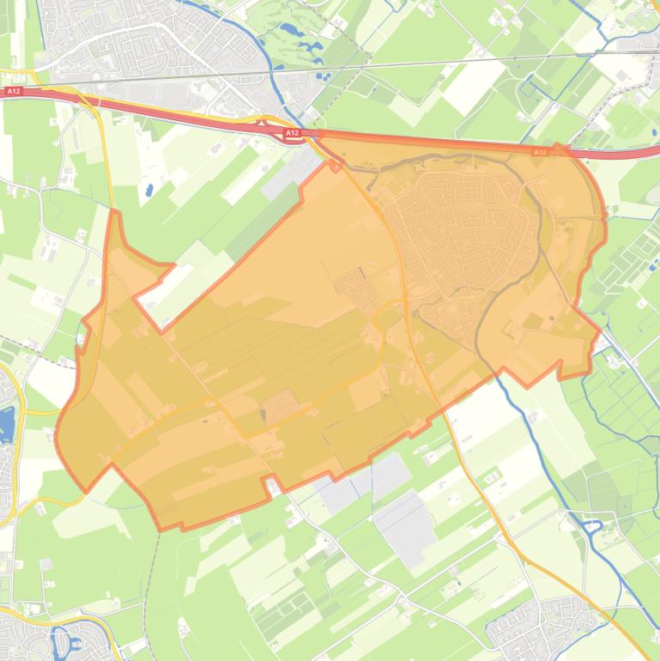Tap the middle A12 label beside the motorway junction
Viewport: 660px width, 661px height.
point(293,133)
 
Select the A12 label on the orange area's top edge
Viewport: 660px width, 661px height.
point(540,152)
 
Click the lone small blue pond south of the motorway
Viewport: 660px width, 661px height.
point(149,189)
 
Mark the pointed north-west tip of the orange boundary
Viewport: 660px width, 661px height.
point(115,213)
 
